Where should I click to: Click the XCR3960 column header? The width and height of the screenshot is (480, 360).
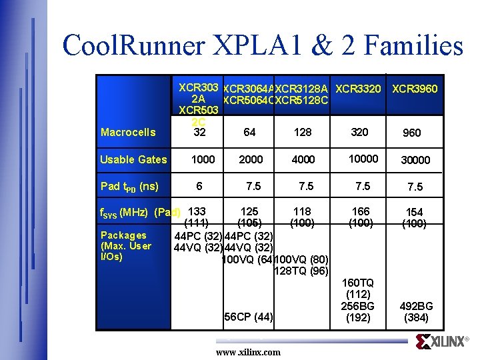point(415,89)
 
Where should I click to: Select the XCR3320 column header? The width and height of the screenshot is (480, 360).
point(358,89)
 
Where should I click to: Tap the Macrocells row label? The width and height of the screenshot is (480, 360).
point(127,132)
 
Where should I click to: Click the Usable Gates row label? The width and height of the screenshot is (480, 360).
point(133,159)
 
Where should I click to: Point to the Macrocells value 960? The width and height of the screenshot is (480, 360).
point(412,133)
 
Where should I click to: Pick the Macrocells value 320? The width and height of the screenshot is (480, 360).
point(359,132)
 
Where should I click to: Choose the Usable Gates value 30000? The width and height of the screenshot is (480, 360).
point(415,160)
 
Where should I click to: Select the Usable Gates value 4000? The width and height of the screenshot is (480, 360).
point(303,159)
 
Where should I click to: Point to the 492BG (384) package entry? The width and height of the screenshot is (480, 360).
point(416,312)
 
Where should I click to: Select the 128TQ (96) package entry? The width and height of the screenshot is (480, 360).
point(301,271)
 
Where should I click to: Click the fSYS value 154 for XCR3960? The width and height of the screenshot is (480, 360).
point(415,212)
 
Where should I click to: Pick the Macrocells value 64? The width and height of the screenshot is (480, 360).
point(249,132)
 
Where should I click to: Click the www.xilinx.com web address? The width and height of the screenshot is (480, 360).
point(248,352)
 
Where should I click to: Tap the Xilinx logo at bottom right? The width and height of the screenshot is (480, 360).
point(441,342)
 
